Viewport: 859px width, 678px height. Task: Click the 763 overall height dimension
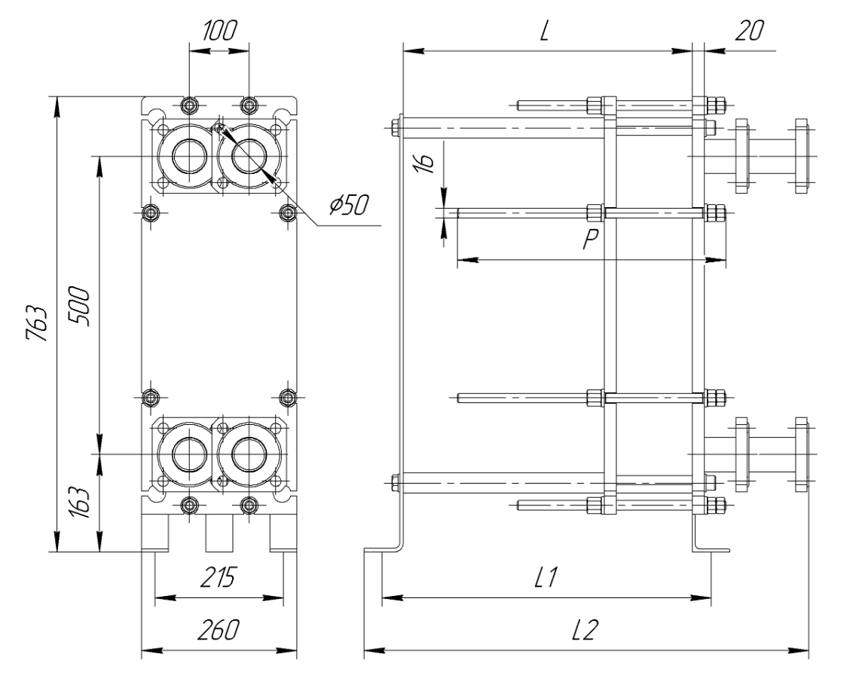tap(38, 322)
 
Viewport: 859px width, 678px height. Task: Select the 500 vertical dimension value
tap(79, 306)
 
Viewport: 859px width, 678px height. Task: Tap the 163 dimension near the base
tap(79, 503)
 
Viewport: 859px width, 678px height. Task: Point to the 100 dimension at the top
tap(219, 31)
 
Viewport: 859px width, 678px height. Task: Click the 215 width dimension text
tap(219, 577)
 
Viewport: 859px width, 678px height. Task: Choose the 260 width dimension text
tap(219, 630)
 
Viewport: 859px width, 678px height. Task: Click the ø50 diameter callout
tap(349, 205)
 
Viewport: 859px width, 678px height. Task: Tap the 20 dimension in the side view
tap(749, 31)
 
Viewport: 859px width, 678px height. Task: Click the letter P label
tap(591, 239)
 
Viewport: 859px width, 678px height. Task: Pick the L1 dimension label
tap(546, 577)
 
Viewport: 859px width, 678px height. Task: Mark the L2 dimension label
tap(584, 630)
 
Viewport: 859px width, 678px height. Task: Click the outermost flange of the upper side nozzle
tap(801, 156)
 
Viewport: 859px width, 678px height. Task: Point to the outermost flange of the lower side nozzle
tap(801, 454)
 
